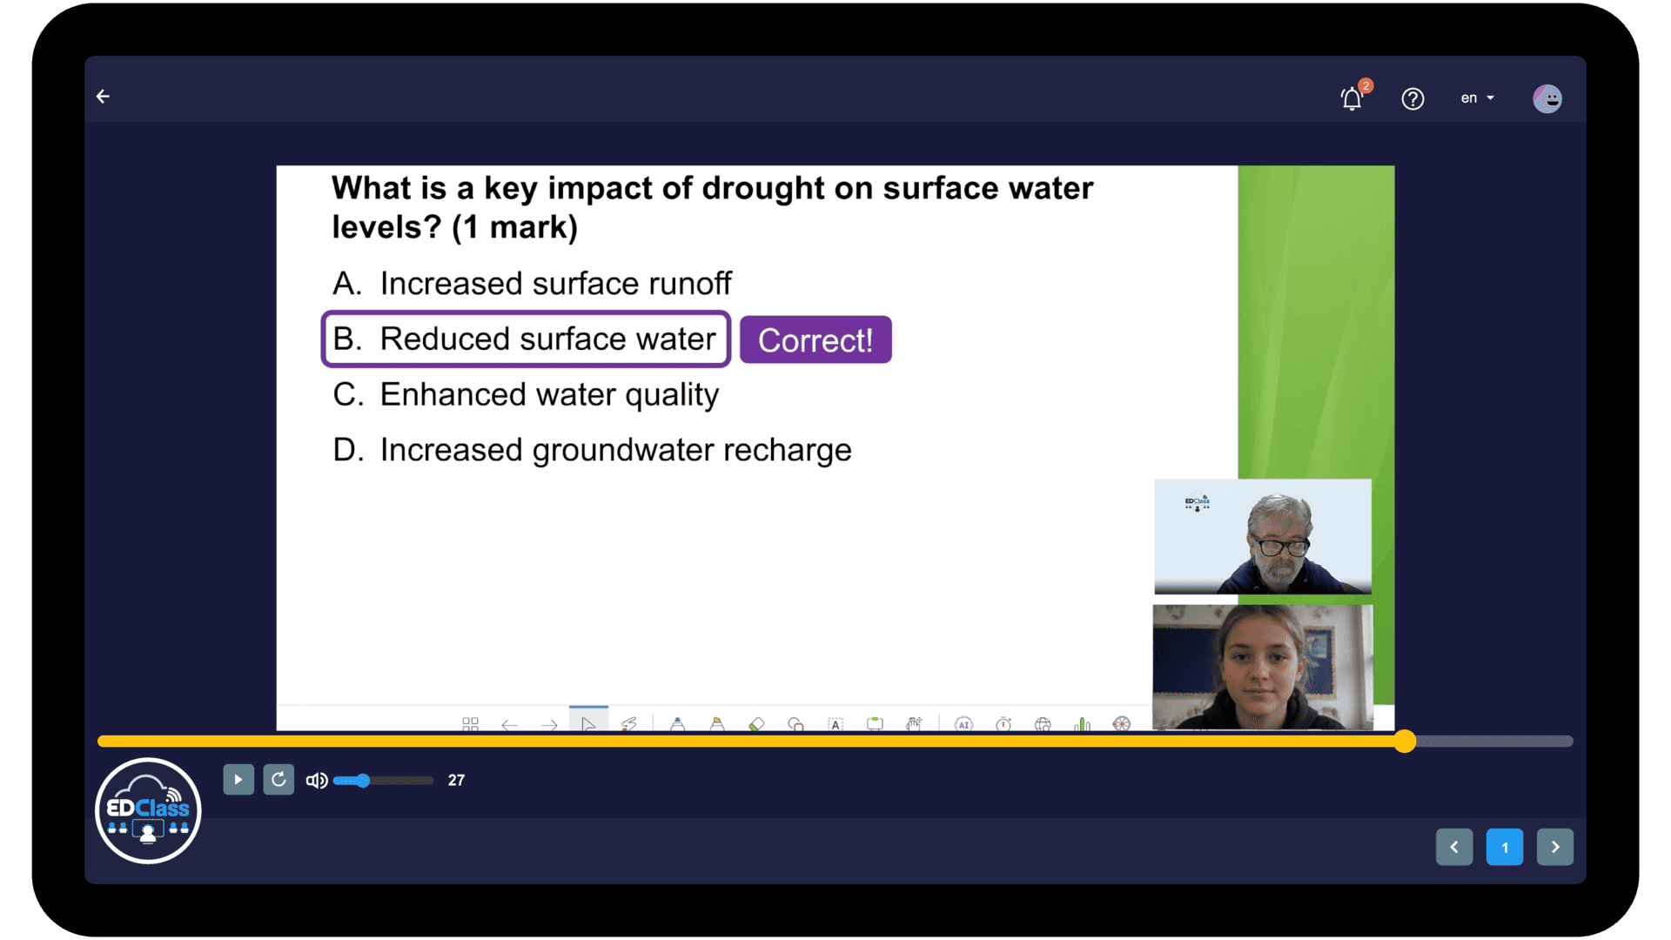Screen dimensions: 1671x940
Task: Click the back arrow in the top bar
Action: click(103, 97)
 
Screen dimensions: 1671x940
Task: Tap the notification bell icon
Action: click(1352, 99)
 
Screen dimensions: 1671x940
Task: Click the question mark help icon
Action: click(1413, 99)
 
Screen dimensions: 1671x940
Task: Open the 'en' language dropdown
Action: click(1477, 98)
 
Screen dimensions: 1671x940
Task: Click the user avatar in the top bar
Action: click(1547, 98)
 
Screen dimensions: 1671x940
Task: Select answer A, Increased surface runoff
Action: click(532, 284)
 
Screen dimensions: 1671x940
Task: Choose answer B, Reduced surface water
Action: click(526, 339)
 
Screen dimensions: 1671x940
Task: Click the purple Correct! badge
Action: click(815, 339)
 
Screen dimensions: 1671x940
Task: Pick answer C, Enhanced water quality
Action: click(526, 395)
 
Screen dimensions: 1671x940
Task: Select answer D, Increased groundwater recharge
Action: click(592, 450)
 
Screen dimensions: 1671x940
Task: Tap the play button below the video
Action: click(238, 780)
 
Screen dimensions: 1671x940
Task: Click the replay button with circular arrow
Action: click(278, 780)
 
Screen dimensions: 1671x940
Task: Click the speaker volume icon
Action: click(317, 781)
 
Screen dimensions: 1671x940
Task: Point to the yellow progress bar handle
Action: click(1405, 742)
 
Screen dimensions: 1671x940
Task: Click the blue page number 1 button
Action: click(1505, 847)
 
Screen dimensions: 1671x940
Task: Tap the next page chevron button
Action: click(1555, 847)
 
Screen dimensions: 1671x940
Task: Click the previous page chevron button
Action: click(1454, 847)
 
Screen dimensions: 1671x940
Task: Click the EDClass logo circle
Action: click(148, 810)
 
